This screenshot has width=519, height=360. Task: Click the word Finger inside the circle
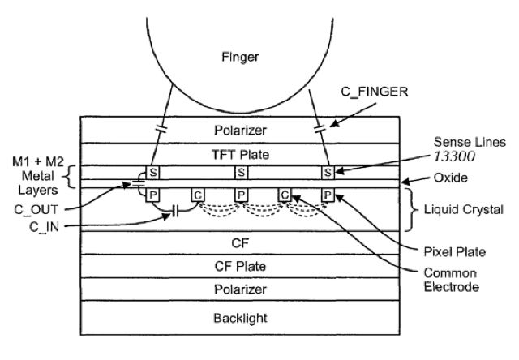(240, 58)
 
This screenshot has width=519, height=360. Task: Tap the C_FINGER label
(375, 92)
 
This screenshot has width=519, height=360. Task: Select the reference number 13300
(454, 156)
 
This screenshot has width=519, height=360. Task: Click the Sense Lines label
(470, 142)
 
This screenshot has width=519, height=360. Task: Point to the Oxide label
(451, 178)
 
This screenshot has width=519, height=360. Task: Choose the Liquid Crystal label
(463, 210)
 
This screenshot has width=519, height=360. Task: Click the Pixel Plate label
(454, 252)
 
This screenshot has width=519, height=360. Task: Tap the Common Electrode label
(451, 280)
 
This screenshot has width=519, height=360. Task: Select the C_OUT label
(36, 210)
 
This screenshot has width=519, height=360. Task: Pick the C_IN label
(44, 227)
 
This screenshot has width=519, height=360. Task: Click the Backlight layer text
(240, 318)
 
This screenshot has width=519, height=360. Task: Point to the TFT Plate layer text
(240, 155)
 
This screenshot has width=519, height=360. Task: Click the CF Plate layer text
(240, 267)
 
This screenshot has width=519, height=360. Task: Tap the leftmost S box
(153, 173)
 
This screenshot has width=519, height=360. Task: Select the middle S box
(241, 173)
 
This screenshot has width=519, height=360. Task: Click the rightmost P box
(328, 195)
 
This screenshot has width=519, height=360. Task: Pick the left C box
(198, 195)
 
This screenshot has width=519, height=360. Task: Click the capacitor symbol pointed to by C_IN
(176, 211)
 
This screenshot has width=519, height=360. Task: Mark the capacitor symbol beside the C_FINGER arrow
(320, 129)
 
